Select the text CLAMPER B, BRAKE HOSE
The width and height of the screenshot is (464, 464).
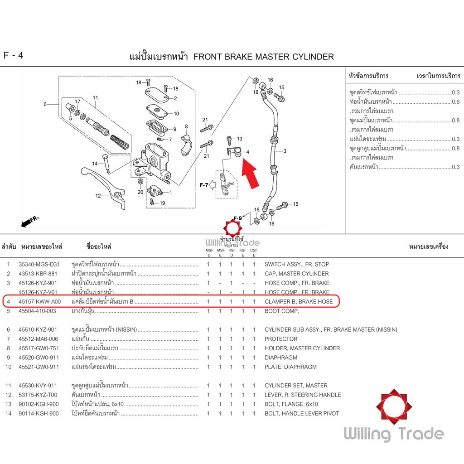[x=299, y=301]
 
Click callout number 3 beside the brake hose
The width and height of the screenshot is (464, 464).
[x=285, y=151]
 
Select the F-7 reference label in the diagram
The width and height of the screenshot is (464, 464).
[x=204, y=185]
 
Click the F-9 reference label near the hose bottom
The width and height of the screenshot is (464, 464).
[x=238, y=218]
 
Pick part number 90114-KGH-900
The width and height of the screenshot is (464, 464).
[x=39, y=413]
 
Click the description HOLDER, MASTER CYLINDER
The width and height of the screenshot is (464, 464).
[x=302, y=348]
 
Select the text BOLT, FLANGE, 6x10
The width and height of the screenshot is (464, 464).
[x=291, y=404]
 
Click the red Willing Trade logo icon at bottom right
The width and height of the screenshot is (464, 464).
[x=393, y=406]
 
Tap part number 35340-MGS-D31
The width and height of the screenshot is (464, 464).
[x=39, y=264]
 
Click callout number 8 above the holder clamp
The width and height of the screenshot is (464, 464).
[x=186, y=126]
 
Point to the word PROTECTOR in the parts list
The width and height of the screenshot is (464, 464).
[x=281, y=339]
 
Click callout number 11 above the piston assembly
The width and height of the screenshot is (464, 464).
[x=96, y=97]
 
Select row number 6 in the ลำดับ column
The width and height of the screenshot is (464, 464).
[x=8, y=329]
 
